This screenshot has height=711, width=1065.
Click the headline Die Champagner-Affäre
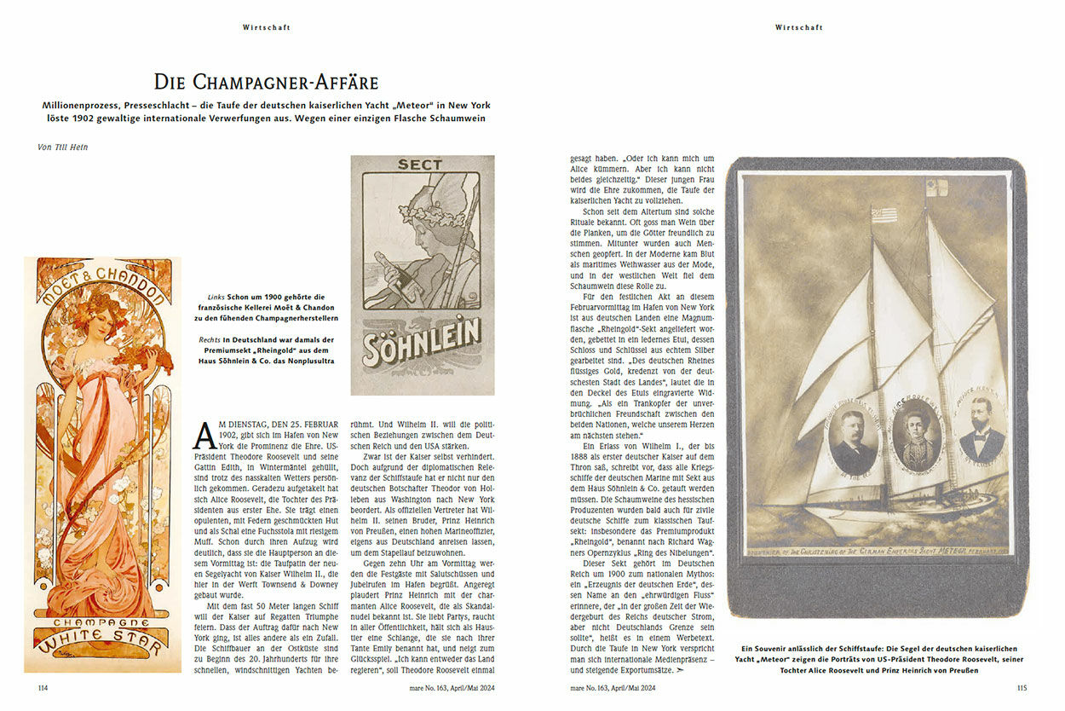266,82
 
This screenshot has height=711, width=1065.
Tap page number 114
43,686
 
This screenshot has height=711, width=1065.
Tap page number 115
1022,686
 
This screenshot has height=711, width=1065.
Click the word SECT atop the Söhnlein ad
420,165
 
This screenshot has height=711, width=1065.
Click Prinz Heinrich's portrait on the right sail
982,433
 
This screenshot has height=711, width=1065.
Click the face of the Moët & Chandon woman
100,317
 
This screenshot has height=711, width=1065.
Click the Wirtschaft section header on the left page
267,27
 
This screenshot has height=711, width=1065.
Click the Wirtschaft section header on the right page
798,27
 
